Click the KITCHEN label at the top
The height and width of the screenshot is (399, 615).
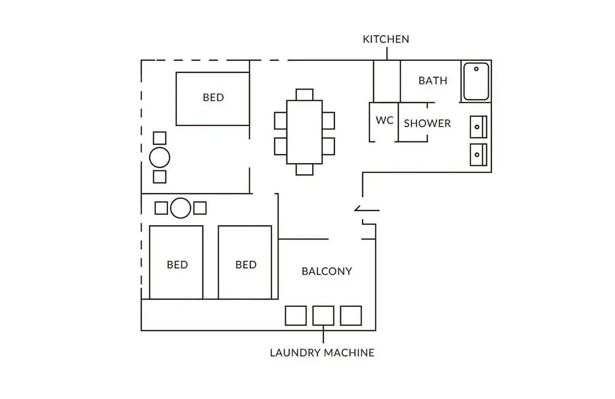tap(386, 39)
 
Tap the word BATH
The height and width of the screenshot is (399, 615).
tap(433, 80)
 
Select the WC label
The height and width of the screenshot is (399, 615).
tap(384, 120)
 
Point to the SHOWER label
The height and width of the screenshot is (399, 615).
tap(427, 123)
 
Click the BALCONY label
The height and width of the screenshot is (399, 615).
tap(327, 271)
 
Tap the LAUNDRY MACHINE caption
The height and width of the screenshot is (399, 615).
tap(322, 353)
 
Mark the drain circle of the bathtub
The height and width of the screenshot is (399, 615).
tap(476, 69)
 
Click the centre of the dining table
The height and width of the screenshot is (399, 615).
tap(304, 132)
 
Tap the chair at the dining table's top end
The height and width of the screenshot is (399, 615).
tap(304, 95)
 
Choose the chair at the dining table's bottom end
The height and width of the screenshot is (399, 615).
tap(304, 169)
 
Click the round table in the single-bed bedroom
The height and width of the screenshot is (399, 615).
tap(159, 158)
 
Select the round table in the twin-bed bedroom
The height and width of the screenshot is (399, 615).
tap(181, 207)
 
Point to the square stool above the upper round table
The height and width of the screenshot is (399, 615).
tap(159, 138)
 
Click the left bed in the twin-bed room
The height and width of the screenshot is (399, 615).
tap(176, 262)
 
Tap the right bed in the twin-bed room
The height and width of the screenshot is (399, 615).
tap(245, 262)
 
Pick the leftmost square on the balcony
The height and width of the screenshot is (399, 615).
tap(296, 316)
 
